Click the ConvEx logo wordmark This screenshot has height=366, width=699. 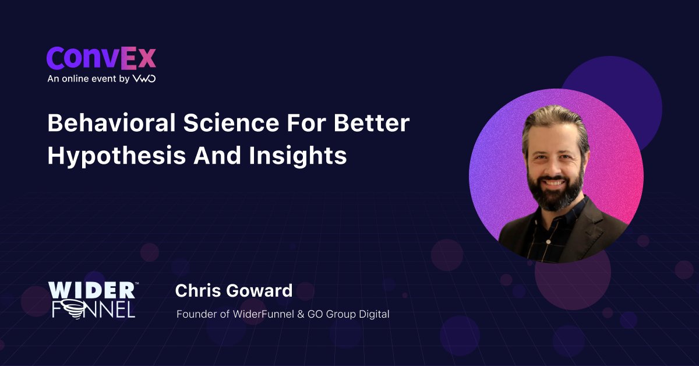point(101,58)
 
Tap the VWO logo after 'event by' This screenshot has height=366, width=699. point(144,78)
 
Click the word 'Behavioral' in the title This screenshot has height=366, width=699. point(111,123)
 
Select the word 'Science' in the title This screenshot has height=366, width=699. point(231,123)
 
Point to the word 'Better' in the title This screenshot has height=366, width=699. point(372,123)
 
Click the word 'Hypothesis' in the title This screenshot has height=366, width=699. point(116,156)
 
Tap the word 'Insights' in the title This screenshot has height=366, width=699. point(298,156)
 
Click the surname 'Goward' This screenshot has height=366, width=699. point(259,290)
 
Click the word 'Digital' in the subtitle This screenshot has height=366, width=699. point(374,314)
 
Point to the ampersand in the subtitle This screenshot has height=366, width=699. point(301,314)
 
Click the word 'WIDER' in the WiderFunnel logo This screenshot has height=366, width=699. point(92,290)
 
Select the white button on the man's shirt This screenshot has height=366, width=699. point(549,241)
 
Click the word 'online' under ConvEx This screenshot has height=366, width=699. point(76,78)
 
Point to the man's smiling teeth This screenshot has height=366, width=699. point(553,182)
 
